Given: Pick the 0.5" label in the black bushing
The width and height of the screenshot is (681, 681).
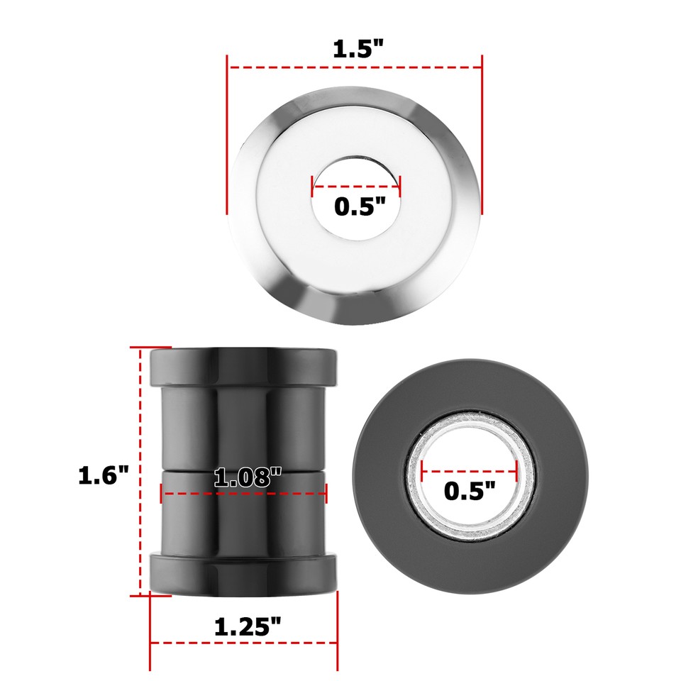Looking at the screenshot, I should [x=470, y=490].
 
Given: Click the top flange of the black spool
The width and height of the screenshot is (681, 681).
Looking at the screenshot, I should [x=243, y=365].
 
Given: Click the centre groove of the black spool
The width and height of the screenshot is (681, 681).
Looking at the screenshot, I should [x=243, y=470].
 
